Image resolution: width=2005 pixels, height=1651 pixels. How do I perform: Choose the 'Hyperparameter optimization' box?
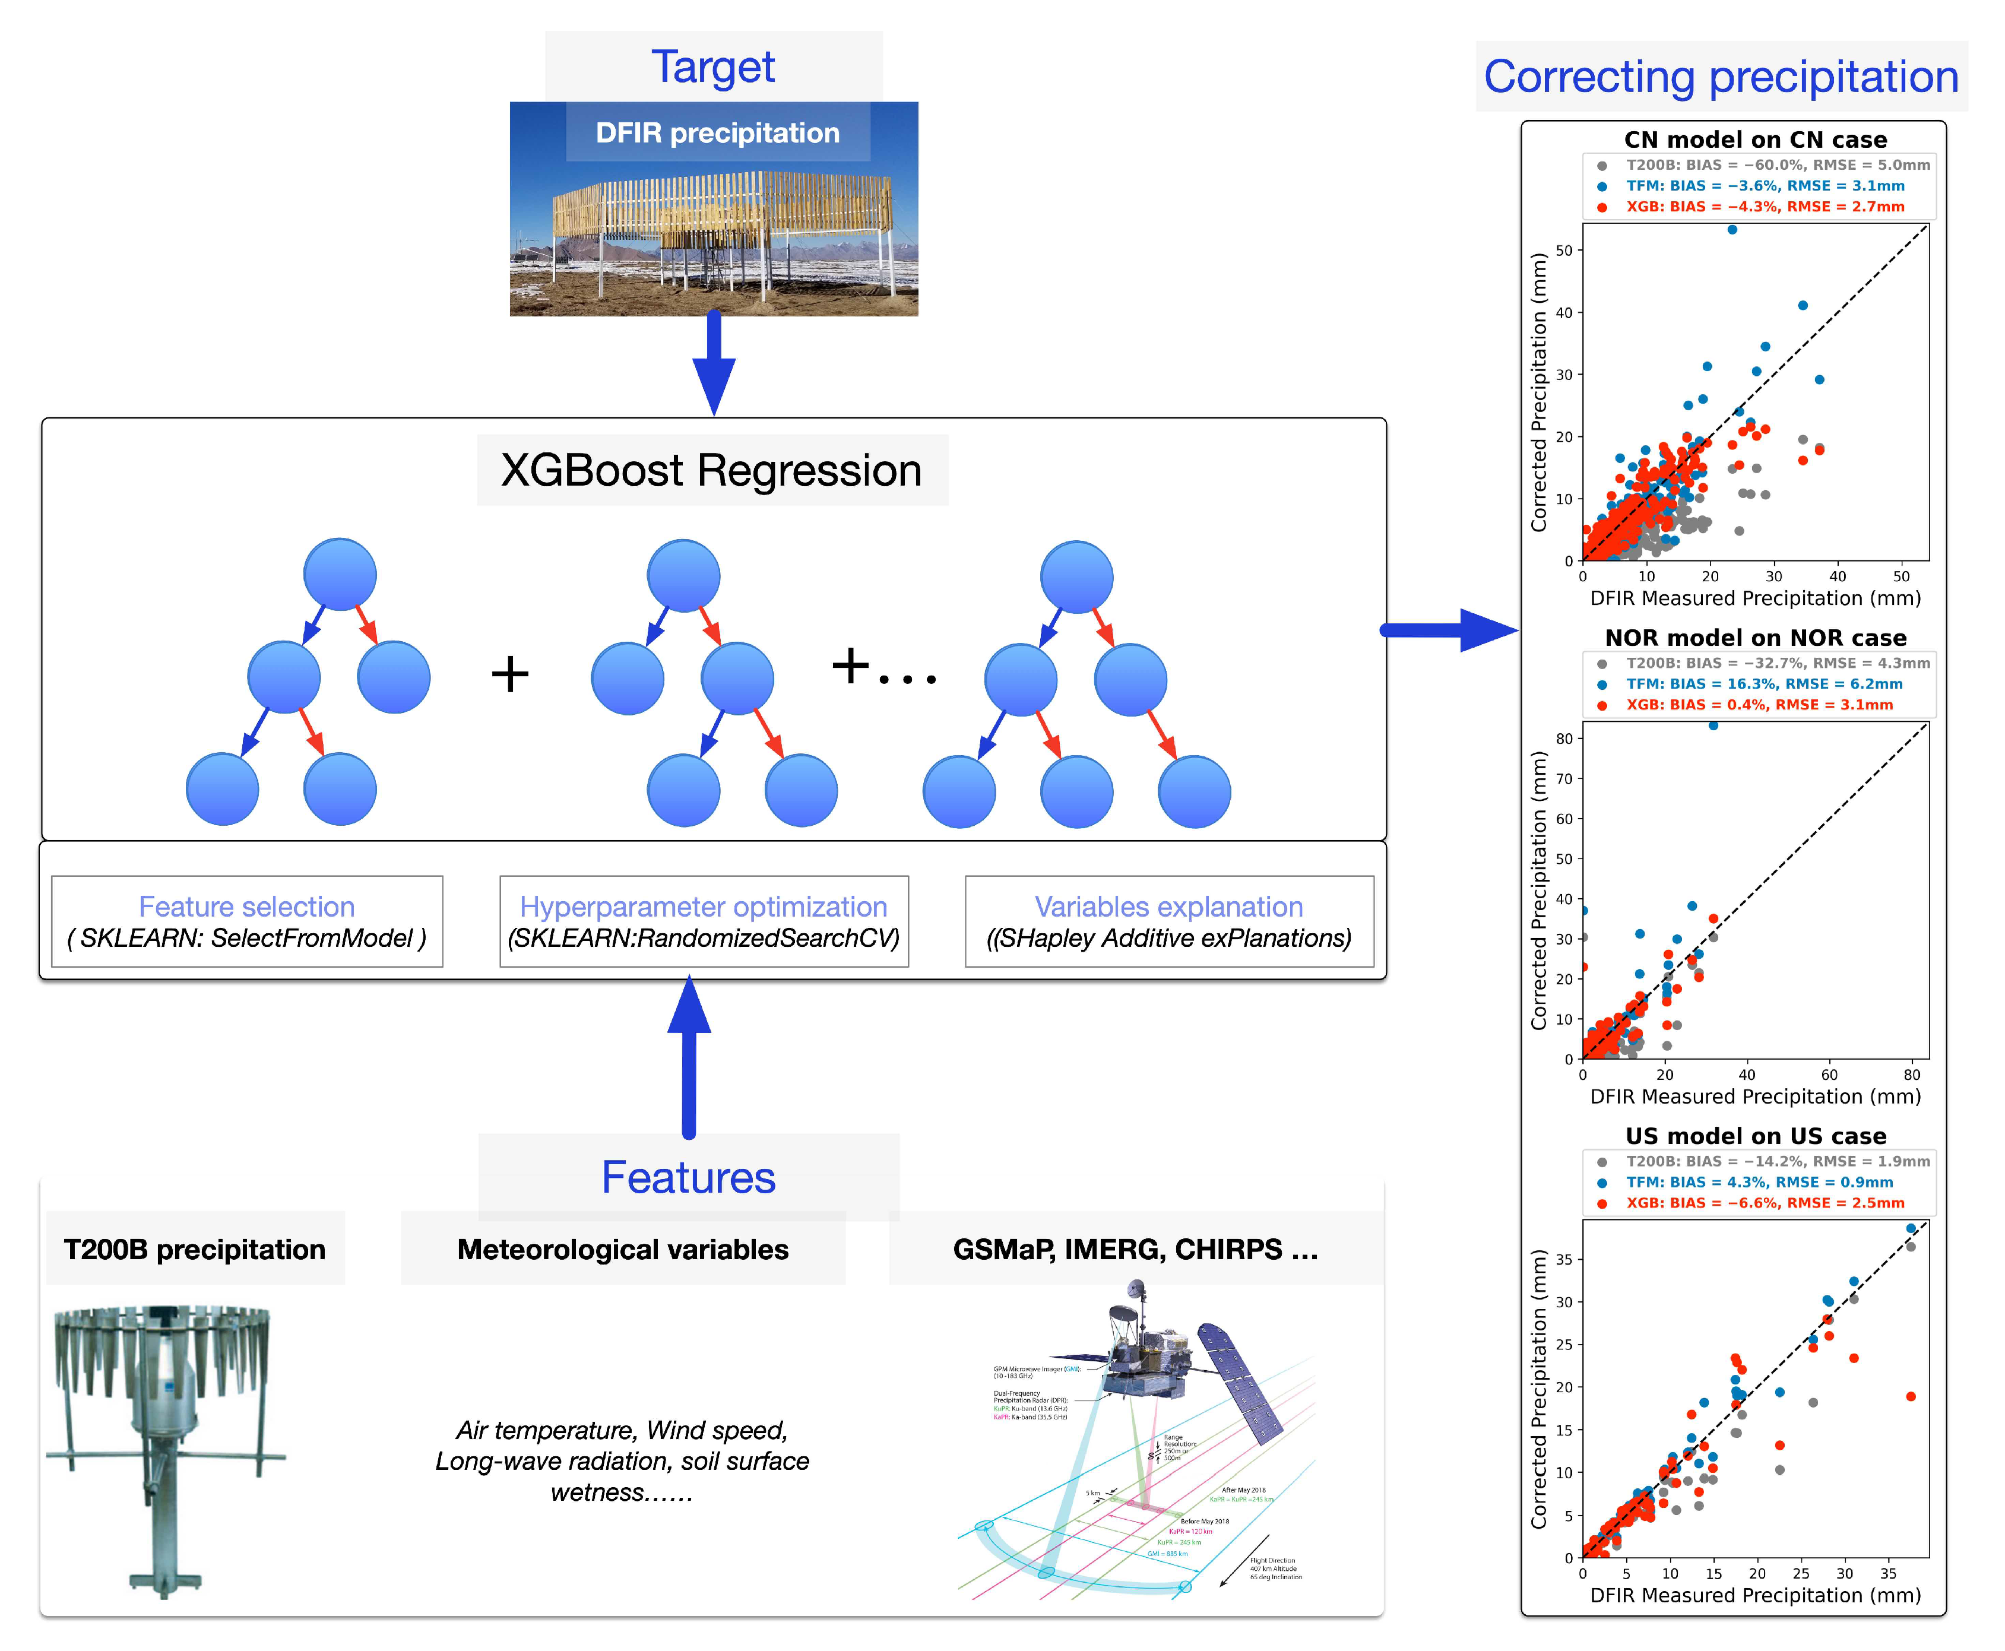pyautogui.click(x=704, y=921)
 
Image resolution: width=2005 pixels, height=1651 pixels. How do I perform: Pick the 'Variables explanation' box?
pyautogui.click(x=1169, y=921)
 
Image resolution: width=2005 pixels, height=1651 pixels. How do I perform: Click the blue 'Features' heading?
pyautogui.click(x=689, y=1177)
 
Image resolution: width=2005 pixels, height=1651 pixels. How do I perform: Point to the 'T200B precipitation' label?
pyautogui.click(x=194, y=1248)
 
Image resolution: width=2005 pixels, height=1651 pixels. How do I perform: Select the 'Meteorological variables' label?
pyautogui.click(x=623, y=1248)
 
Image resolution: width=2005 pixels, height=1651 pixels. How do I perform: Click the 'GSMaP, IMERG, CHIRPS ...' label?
pyautogui.click(x=1136, y=1248)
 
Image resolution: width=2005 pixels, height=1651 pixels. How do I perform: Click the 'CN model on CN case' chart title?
pyautogui.click(x=1755, y=140)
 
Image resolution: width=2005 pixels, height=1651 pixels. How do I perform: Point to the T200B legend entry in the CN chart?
pyautogui.click(x=1777, y=166)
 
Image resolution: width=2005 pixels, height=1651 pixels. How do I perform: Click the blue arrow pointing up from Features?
pyautogui.click(x=689, y=1056)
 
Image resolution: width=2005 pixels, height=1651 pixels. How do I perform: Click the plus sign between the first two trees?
pyautogui.click(x=510, y=674)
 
